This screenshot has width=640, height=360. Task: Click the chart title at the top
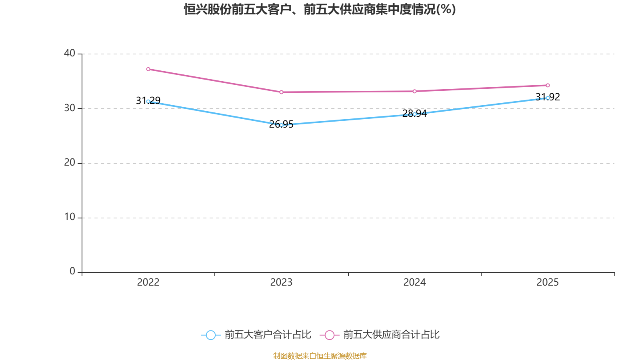tap(320, 10)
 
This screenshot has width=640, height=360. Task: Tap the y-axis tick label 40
tap(70, 53)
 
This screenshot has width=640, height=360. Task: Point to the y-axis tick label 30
tap(70, 108)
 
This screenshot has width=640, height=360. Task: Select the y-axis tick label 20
tap(70, 162)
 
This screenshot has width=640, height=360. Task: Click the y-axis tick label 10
tap(70, 217)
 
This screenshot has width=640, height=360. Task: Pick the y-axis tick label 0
tap(72, 272)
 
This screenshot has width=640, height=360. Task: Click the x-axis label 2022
tap(148, 282)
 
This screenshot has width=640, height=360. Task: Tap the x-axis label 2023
tap(282, 282)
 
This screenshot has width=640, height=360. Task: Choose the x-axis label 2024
tap(414, 282)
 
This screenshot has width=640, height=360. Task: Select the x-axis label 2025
tap(548, 282)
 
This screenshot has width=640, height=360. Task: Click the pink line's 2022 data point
tap(148, 69)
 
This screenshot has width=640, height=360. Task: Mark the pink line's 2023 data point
tap(282, 92)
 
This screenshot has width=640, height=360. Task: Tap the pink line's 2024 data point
tap(414, 92)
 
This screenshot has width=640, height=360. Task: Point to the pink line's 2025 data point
tap(548, 86)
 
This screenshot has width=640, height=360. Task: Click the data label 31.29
tap(148, 100)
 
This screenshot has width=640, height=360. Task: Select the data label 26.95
tap(282, 124)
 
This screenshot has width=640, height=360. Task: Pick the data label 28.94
tap(414, 114)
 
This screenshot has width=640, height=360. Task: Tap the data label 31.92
tap(548, 97)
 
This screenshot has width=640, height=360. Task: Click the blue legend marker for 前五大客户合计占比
tap(211, 335)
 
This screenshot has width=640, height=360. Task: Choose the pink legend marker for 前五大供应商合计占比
tap(330, 335)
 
